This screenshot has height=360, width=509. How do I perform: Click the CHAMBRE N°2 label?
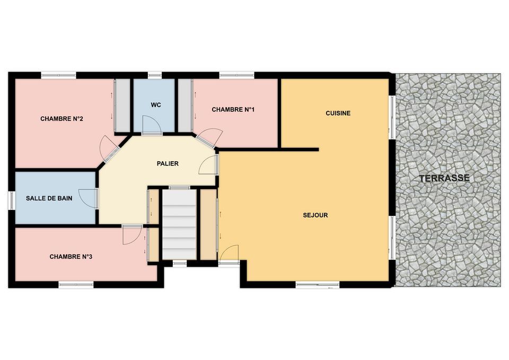coord(62,119)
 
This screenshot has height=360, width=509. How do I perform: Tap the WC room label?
coord(156,105)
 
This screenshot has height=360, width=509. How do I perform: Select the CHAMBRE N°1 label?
coord(233,110)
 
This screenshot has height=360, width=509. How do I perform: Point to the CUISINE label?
coord(338,113)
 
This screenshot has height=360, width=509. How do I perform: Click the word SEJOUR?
coord(315,215)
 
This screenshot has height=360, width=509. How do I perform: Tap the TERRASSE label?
coord(444,178)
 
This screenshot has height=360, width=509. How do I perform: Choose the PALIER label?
coord(168,164)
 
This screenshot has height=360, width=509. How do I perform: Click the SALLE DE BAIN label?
coord(49,198)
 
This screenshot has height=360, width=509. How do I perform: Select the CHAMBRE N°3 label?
coord(71,257)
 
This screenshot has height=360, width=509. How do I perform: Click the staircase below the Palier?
coord(179,224)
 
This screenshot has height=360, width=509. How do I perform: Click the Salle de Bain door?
coord(87,198)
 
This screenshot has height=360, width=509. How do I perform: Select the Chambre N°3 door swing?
coord(131,234)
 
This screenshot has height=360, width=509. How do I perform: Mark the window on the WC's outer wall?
coord(155,76)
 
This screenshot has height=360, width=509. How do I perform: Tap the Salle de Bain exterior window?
coord(12,200)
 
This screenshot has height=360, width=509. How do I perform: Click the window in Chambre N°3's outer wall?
coord(76,285)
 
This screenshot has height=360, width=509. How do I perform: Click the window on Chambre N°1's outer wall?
coord(236,76)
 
